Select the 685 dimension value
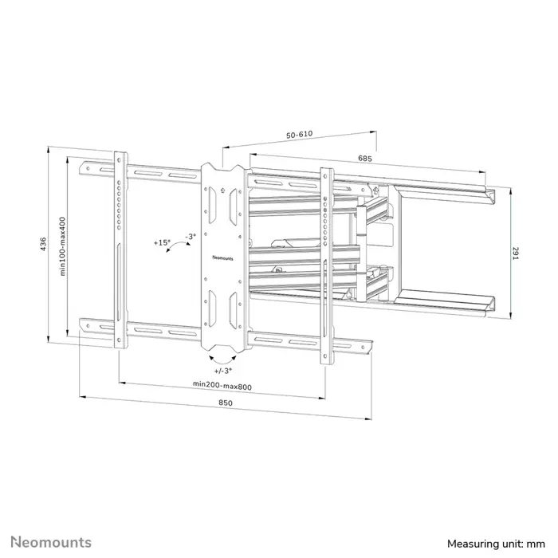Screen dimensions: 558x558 (x=365, y=159)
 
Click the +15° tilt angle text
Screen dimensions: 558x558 (x=162, y=242)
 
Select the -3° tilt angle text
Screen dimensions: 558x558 (x=189, y=236)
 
